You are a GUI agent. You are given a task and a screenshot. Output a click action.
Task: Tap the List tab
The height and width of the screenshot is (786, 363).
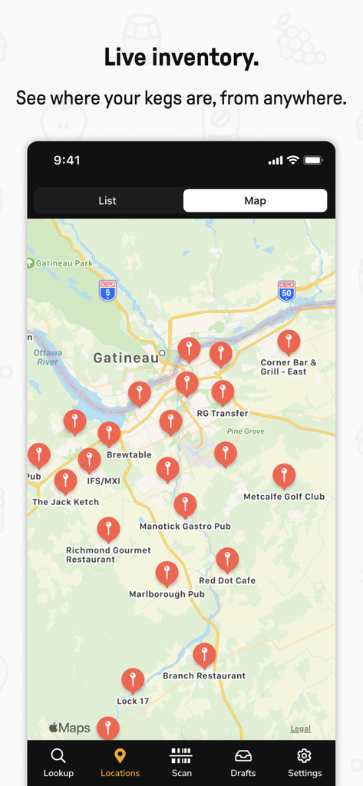coord(107,200)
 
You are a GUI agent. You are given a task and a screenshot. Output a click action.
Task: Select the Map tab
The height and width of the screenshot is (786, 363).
coord(255,200)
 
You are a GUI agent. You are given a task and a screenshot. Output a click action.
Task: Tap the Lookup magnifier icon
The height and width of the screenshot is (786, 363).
coord(58,756)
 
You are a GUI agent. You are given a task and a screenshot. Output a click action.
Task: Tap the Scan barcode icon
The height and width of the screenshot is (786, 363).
coord(181,756)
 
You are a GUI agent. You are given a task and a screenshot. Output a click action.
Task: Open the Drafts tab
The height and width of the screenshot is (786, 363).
coord(243,756)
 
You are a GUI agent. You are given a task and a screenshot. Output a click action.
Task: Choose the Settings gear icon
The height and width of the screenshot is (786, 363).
coord(304,756)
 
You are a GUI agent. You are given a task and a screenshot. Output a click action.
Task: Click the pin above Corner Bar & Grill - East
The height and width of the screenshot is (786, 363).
coord(289,342)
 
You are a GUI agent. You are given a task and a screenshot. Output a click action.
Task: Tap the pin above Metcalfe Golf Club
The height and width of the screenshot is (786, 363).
coord(284,475)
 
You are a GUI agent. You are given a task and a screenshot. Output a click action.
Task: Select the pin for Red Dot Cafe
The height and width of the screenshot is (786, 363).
coord(227,559)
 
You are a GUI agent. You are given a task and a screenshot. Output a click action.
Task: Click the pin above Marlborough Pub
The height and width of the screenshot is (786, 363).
coord(167,573)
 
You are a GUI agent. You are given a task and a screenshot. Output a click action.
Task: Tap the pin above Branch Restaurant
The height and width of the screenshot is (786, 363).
coord(204,655)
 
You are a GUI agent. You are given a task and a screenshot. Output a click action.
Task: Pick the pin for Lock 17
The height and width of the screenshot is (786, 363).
coord(133,679)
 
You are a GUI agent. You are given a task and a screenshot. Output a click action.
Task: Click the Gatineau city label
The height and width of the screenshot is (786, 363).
coord(126,358)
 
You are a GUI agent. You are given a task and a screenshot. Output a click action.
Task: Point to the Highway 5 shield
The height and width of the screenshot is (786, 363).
coord(107,290)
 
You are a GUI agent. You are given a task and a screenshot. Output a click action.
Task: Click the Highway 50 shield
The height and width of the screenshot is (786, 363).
coord(286,290)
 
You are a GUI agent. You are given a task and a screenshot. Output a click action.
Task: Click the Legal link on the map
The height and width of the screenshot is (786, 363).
coord(300,728)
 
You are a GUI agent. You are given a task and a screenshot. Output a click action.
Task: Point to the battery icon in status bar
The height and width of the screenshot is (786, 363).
coord(313,160)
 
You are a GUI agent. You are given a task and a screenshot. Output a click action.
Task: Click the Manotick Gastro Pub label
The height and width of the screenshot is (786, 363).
coord(185,527)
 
